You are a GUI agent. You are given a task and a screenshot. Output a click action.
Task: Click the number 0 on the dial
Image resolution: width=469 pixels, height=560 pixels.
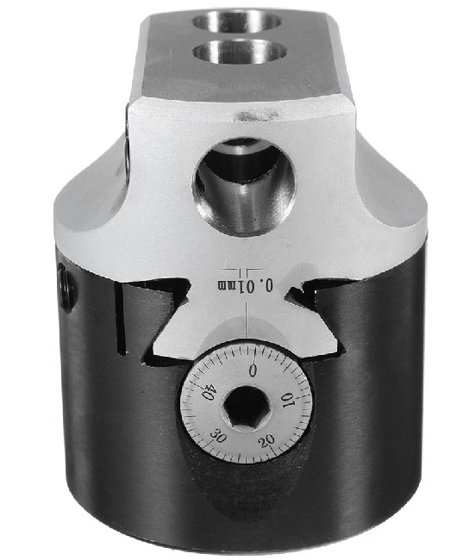[x=253, y=370]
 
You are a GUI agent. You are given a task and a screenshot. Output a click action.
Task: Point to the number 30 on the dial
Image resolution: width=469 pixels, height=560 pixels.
[x=218, y=436]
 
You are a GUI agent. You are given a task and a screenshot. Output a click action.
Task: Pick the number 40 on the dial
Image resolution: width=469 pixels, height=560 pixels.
[x=208, y=391]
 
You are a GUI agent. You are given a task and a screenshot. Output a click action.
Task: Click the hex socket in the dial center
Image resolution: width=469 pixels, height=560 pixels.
[x=246, y=407]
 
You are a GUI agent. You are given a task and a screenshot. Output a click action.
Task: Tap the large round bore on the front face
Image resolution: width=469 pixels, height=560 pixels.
[x=244, y=186]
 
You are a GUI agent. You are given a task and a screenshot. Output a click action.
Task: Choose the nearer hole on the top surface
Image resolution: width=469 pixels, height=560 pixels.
[x=240, y=51]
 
